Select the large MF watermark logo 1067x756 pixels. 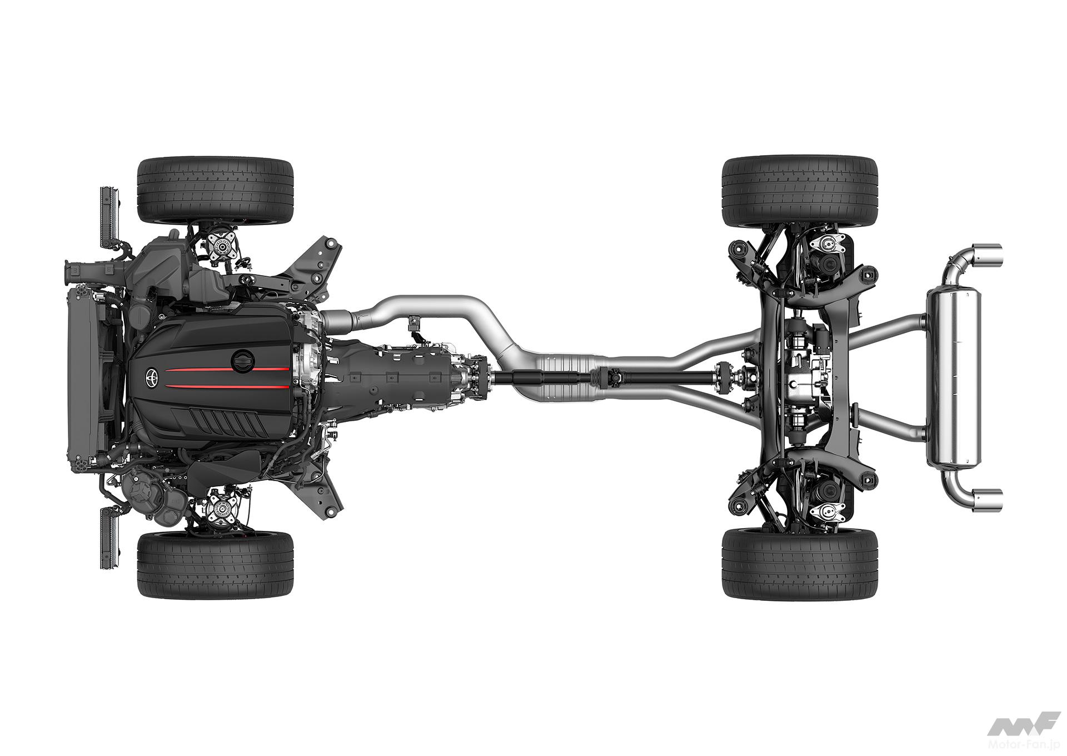click(x=1014, y=723)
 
